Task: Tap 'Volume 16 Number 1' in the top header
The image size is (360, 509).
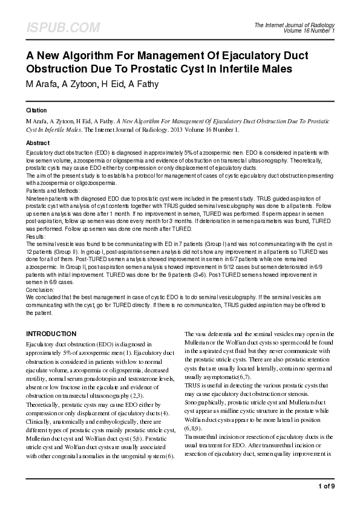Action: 308,30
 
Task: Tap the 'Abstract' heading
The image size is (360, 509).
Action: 38,142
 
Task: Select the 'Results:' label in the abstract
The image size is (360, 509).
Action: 36,237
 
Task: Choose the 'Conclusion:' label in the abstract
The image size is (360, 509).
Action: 40,290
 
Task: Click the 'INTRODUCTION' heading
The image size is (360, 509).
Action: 51,334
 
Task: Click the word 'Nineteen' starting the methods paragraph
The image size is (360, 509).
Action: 37,198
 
